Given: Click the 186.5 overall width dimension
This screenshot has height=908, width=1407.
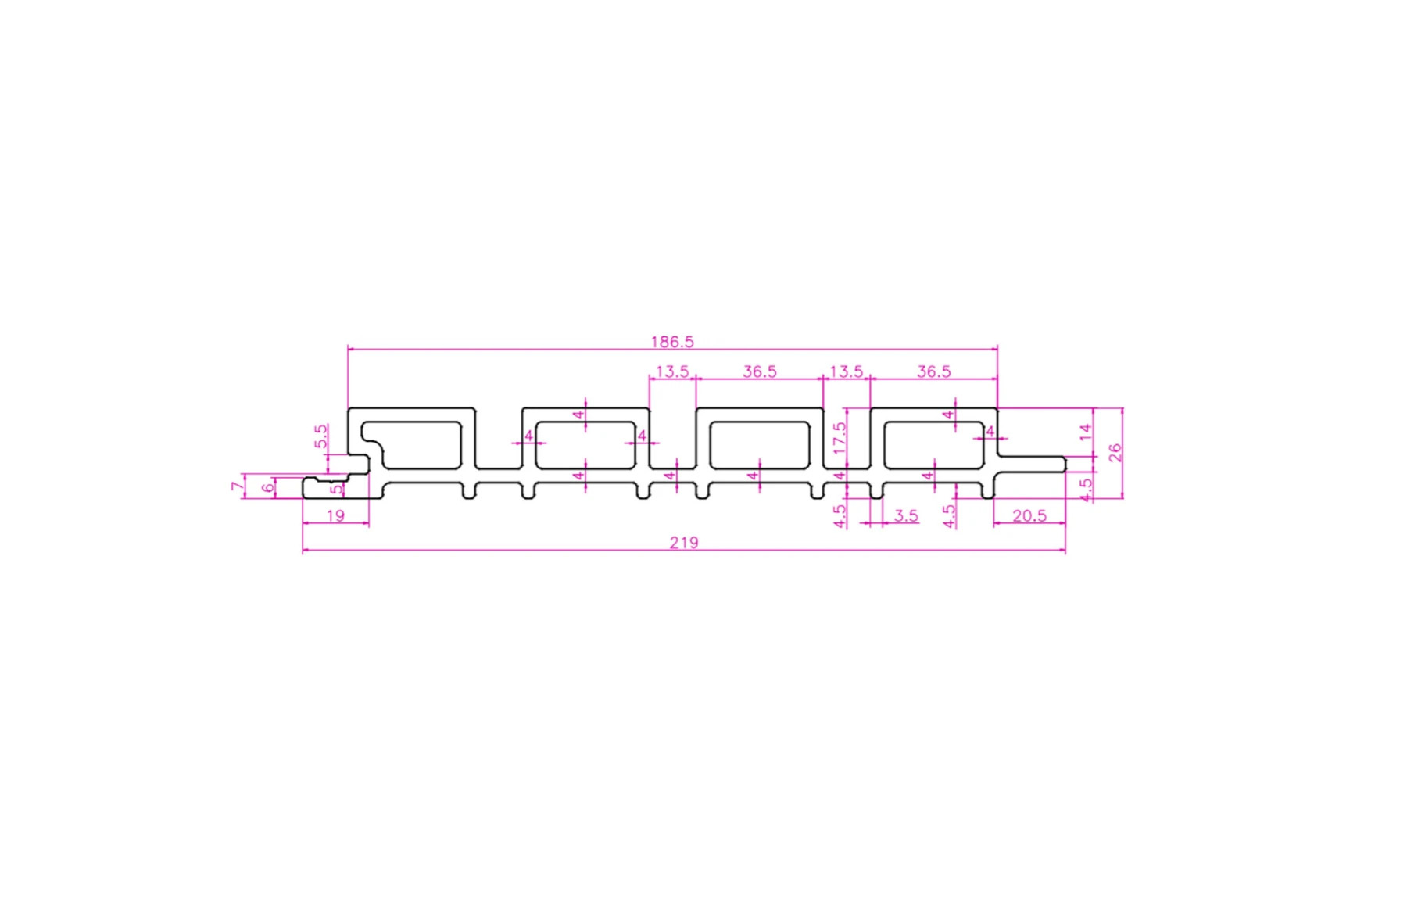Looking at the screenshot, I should tap(671, 342).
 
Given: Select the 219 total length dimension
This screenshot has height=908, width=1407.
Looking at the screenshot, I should tap(683, 543).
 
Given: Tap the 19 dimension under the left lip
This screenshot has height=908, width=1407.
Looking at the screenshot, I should tap(335, 516).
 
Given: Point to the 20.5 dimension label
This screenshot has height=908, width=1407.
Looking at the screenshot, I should tap(1029, 516).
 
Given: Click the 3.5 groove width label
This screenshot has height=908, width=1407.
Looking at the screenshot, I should tap(905, 516).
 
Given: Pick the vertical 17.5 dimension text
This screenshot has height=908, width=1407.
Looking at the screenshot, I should tap(840, 438).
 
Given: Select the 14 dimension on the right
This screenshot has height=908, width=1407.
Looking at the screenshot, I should tap(1084, 431).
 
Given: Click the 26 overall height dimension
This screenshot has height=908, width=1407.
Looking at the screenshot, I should tap(1115, 452).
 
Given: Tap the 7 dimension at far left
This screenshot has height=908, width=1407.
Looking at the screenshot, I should tap(237, 486).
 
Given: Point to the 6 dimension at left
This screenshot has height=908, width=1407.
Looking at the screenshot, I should tap(268, 488).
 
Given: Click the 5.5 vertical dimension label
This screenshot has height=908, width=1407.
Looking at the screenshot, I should tap(320, 436).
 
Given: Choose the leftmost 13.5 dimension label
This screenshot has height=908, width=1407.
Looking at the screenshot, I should tap(671, 371).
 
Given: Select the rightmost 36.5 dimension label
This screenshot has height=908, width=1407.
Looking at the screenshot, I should tap(933, 371).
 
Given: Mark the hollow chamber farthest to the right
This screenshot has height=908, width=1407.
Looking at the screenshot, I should tap(934, 444).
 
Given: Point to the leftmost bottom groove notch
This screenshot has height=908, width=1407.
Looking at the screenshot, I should tap(468, 491).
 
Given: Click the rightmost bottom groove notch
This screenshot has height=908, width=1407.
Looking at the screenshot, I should tap(987, 491).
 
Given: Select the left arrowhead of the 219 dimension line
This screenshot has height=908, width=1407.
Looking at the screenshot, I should tap(305, 551).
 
